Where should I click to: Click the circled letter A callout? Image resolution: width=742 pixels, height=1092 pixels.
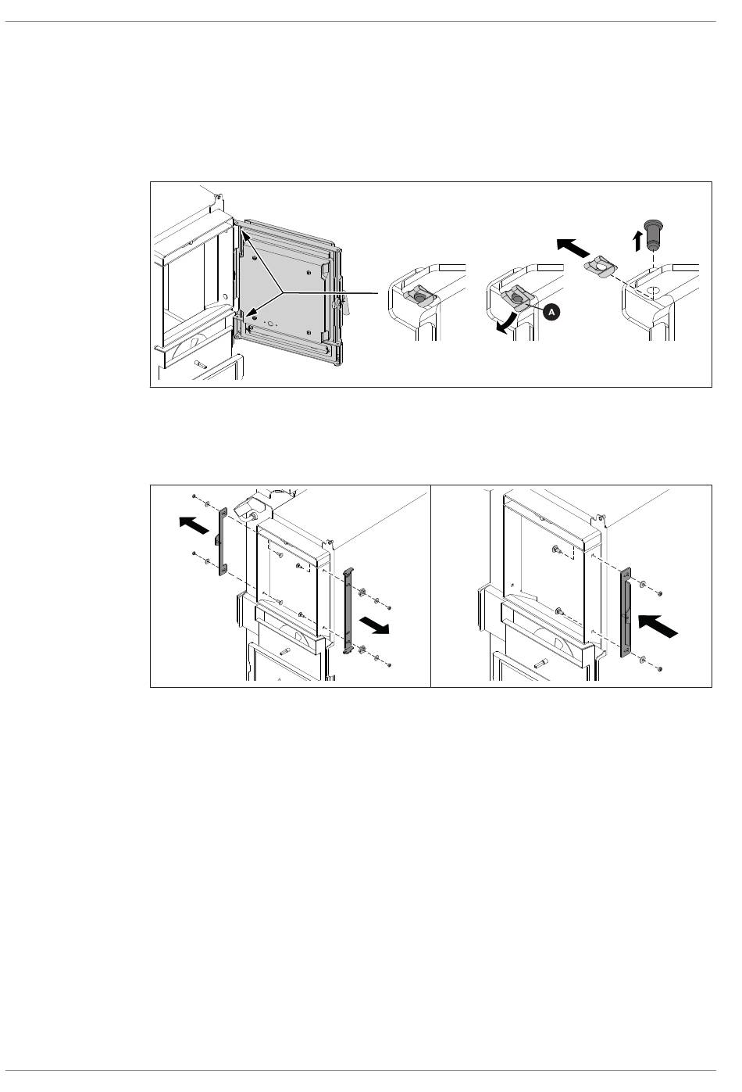551,312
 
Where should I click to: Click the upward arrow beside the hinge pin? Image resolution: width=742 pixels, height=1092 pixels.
638,241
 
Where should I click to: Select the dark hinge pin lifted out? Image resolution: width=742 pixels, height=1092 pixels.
652,234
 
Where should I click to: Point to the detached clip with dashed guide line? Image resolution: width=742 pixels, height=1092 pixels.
600,267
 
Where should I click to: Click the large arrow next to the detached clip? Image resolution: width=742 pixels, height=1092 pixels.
574,248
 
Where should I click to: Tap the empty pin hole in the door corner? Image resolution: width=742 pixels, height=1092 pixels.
651,292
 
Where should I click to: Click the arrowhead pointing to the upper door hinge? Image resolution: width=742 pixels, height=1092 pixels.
244,236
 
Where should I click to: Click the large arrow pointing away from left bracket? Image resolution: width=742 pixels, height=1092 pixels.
194,525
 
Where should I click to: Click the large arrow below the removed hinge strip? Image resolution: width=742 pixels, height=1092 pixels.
374,625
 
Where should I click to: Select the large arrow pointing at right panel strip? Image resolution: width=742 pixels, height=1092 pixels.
657,626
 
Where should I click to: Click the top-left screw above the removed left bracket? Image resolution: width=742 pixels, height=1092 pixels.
194,496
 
